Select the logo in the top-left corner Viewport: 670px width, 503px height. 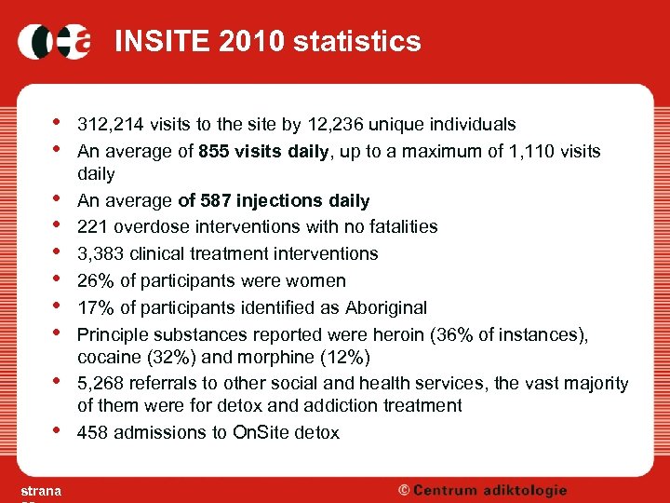[54, 41]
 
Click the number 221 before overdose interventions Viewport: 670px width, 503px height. [91, 226]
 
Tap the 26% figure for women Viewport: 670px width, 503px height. [93, 280]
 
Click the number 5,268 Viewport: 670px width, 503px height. [99, 384]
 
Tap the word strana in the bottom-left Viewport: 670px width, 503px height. [41, 491]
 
